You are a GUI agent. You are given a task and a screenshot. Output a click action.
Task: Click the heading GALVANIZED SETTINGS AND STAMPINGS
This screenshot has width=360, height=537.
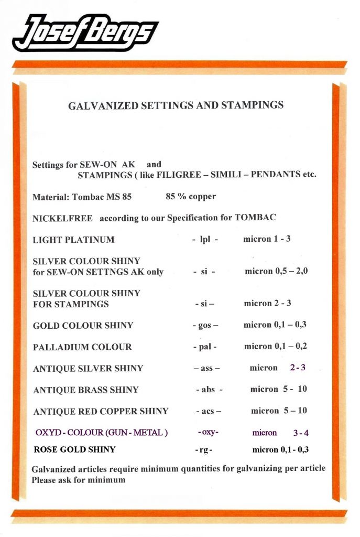[x=176, y=105]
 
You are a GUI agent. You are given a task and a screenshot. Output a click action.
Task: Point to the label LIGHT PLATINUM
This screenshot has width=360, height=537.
[x=73, y=240]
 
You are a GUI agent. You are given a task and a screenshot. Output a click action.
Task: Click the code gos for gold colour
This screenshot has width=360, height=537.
[x=205, y=326]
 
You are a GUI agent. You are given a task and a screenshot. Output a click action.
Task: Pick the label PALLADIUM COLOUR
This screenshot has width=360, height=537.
[x=82, y=347]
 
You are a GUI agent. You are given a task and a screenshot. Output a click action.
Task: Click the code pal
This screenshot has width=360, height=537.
[x=205, y=347]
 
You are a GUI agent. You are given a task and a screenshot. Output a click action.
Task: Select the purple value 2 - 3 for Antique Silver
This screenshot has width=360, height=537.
[x=298, y=368]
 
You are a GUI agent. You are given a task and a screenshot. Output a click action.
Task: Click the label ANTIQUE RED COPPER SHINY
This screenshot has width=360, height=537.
[x=101, y=411]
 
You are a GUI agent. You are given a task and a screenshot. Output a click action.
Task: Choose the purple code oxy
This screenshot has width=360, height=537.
[x=208, y=432]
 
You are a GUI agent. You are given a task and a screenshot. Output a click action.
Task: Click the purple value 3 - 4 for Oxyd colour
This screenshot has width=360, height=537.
[x=301, y=433]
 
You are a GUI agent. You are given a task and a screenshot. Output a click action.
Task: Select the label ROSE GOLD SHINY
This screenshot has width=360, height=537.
[x=74, y=449]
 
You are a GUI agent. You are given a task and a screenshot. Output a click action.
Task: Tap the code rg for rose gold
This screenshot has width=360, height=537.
[x=203, y=450]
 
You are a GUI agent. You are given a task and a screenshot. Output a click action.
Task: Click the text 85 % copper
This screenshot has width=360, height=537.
[x=190, y=197]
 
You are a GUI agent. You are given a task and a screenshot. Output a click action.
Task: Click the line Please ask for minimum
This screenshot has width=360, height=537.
[x=78, y=479]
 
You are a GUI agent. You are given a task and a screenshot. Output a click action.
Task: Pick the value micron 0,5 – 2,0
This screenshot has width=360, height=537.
[x=276, y=272]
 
